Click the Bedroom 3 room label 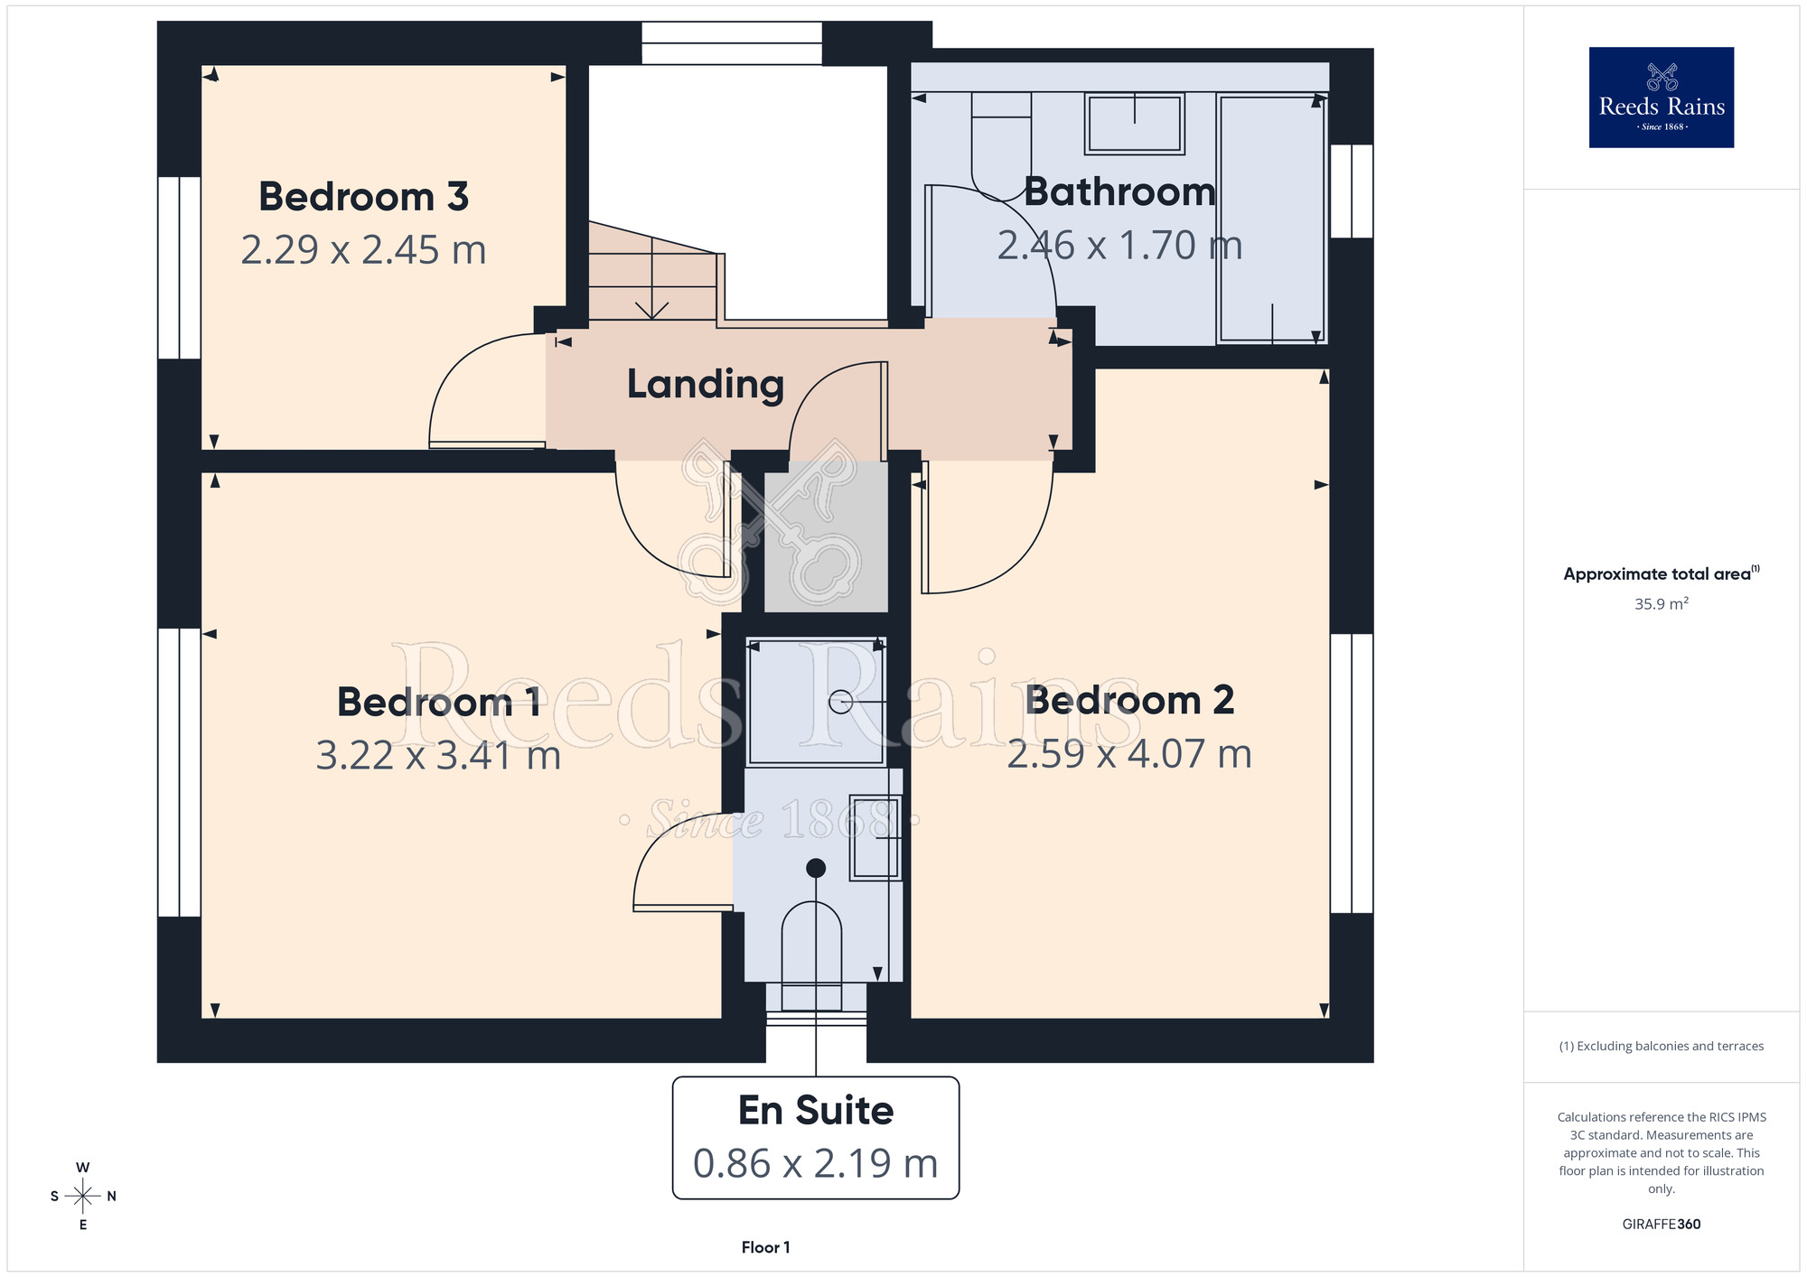tap(363, 197)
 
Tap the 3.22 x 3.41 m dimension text tap(438, 756)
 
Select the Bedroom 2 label tap(1129, 701)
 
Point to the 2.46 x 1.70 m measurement tap(1119, 246)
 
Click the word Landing tap(706, 385)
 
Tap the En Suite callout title tap(816, 1110)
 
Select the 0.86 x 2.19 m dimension tap(816, 1163)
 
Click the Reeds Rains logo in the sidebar tap(1662, 98)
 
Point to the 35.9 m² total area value tap(1662, 603)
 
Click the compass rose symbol tap(82, 1197)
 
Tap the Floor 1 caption tap(765, 1247)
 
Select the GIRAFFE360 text tap(1662, 1225)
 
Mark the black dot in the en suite tap(816, 868)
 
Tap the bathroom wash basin tap(1135, 124)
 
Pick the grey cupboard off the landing tap(826, 536)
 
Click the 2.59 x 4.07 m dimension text tap(1129, 754)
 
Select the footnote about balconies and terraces tap(1662, 1046)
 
